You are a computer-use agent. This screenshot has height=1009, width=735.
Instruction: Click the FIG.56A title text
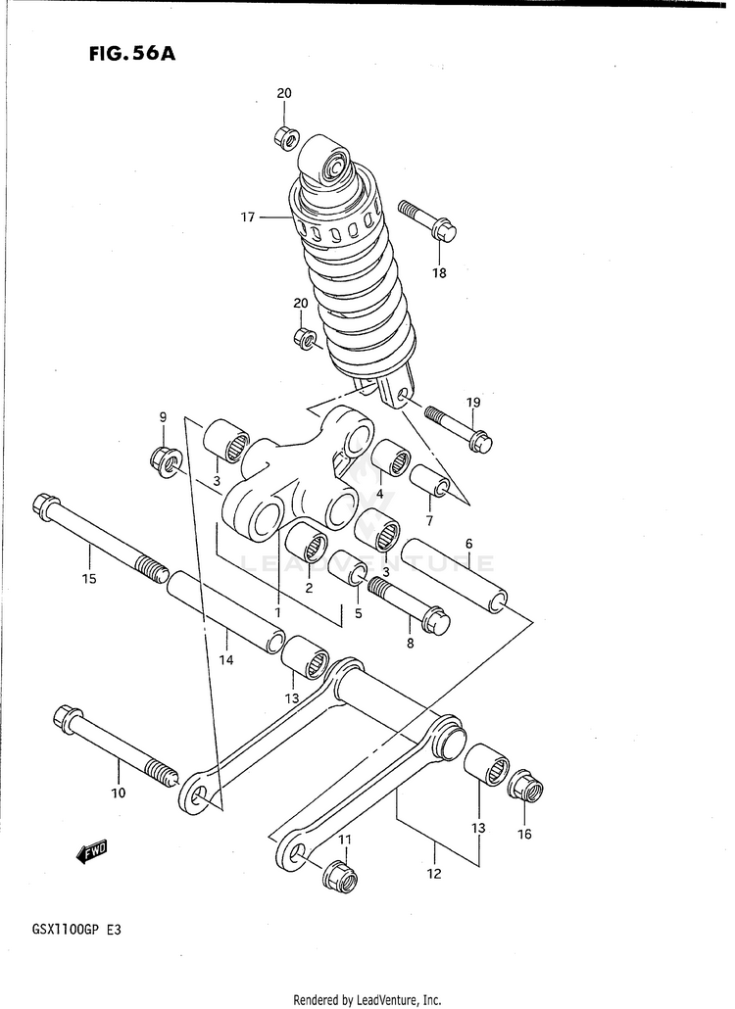point(131,54)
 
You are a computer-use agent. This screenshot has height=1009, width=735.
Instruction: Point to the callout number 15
point(88,578)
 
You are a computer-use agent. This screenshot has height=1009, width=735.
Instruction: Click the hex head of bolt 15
point(45,506)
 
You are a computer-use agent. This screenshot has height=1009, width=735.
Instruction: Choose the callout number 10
point(118,793)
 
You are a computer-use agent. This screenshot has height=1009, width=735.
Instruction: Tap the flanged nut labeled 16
point(527,787)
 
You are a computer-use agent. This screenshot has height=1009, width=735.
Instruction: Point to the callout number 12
point(434,873)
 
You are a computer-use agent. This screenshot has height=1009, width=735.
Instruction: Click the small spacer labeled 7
point(431,481)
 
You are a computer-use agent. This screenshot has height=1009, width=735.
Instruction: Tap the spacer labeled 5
point(347,567)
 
